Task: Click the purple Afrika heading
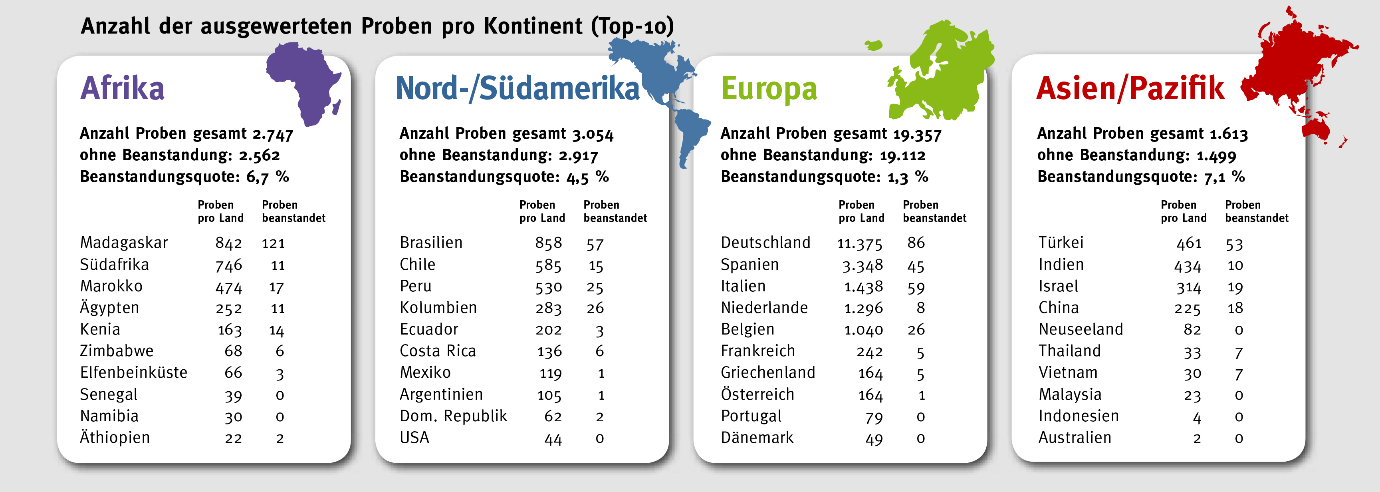click(122, 88)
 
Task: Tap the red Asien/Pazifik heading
click(1130, 88)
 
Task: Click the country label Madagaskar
click(124, 243)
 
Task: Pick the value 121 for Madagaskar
click(273, 244)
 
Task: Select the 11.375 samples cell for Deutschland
click(859, 244)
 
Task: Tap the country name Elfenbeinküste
click(133, 372)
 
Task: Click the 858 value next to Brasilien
click(549, 243)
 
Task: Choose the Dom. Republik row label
click(453, 416)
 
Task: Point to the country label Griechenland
click(768, 372)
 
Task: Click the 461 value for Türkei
click(1189, 244)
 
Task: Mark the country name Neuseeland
click(1081, 329)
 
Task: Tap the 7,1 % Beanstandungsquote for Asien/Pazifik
click(1224, 177)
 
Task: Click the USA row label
click(414, 438)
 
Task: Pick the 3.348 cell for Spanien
click(862, 265)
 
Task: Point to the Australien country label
click(1075, 438)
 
